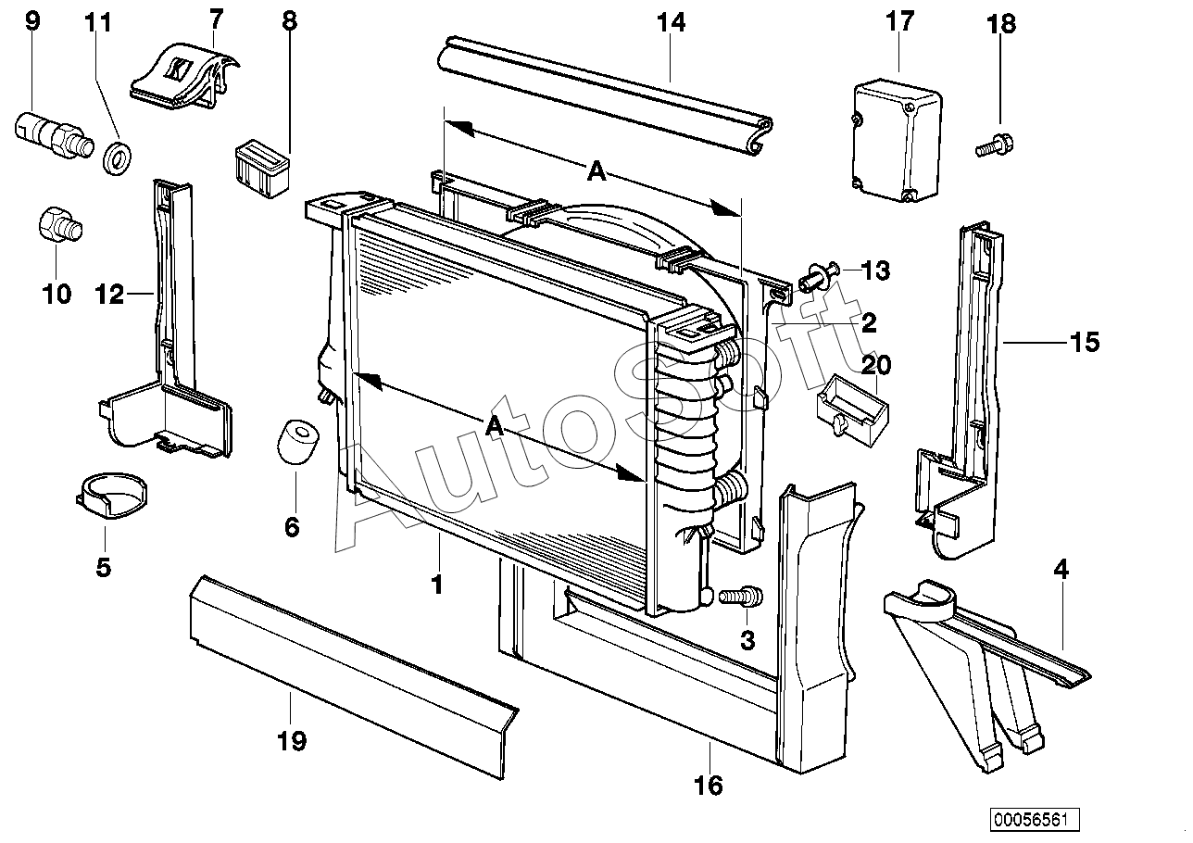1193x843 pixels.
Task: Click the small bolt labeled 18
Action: (x=994, y=145)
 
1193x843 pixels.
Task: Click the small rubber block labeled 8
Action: (x=260, y=168)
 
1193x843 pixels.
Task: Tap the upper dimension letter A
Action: (x=596, y=171)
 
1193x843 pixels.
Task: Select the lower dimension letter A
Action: (x=495, y=426)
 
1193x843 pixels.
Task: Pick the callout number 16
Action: (x=708, y=785)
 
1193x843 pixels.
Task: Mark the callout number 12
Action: (x=108, y=295)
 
